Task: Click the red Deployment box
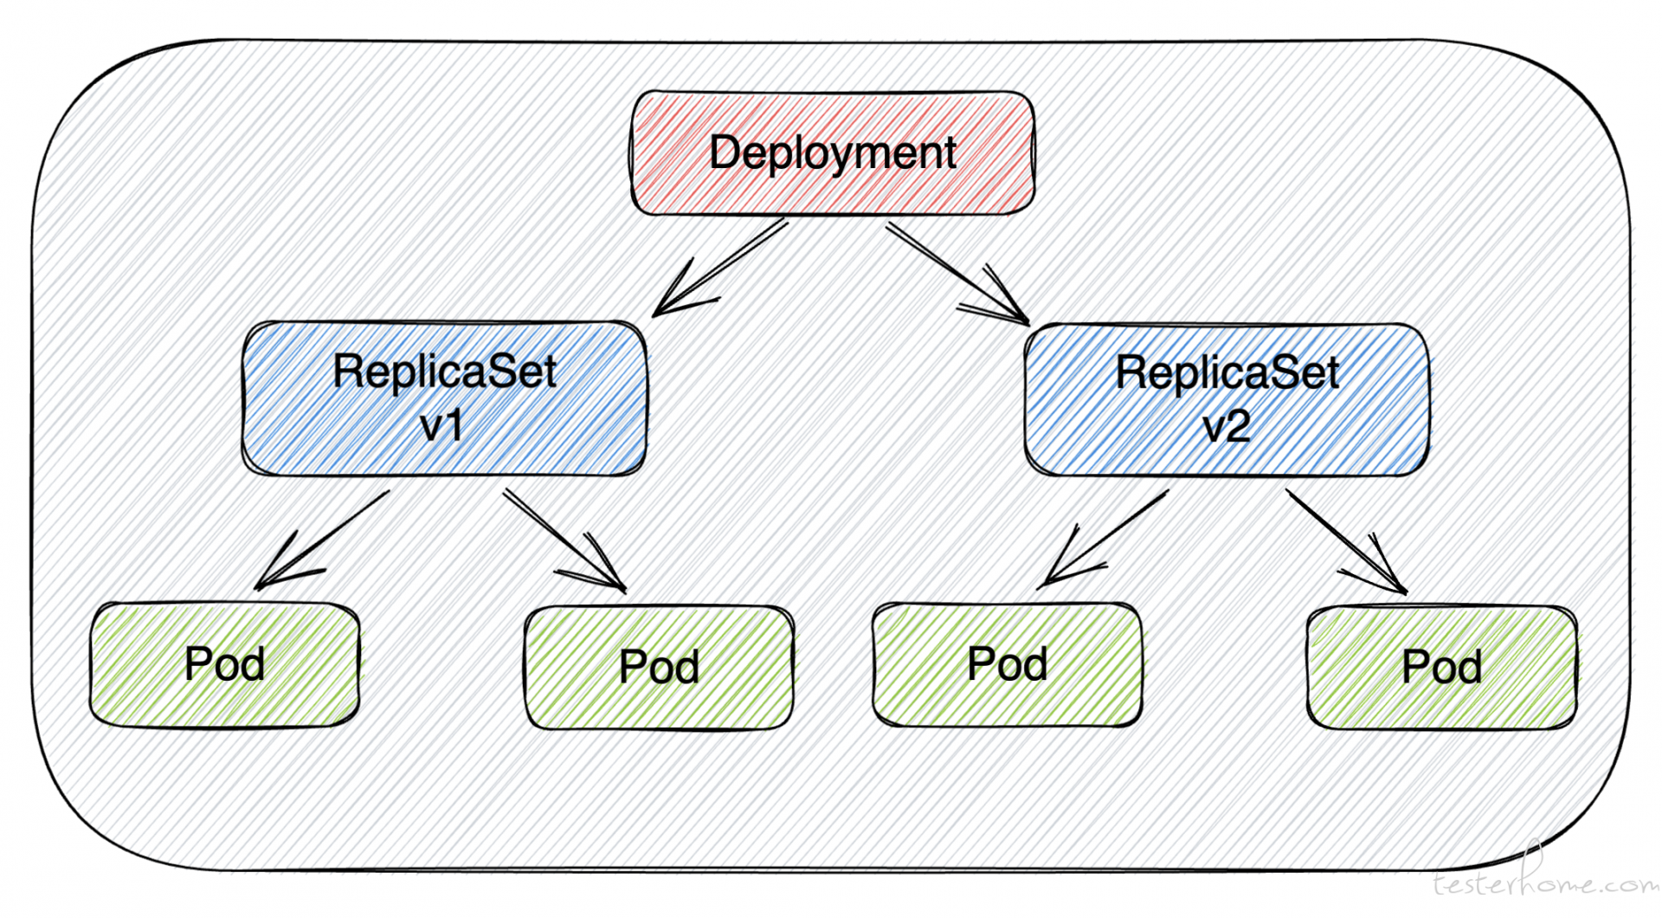coord(833,152)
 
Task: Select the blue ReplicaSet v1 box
coord(445,398)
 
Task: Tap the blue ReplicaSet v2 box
coord(1227,400)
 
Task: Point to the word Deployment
coord(833,154)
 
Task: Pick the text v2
coord(1227,427)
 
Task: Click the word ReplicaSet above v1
coord(445,372)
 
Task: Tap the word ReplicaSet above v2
coord(1227,372)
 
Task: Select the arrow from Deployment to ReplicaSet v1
coord(720,268)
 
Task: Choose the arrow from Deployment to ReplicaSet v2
coord(957,275)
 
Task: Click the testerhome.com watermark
coord(1545,879)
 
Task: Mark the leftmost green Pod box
coord(224,664)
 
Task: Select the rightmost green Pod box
coord(1441,667)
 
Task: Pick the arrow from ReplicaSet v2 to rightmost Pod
coord(1346,541)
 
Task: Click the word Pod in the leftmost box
coord(224,664)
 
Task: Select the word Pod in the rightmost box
coord(1441,667)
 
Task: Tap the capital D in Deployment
coord(725,152)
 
